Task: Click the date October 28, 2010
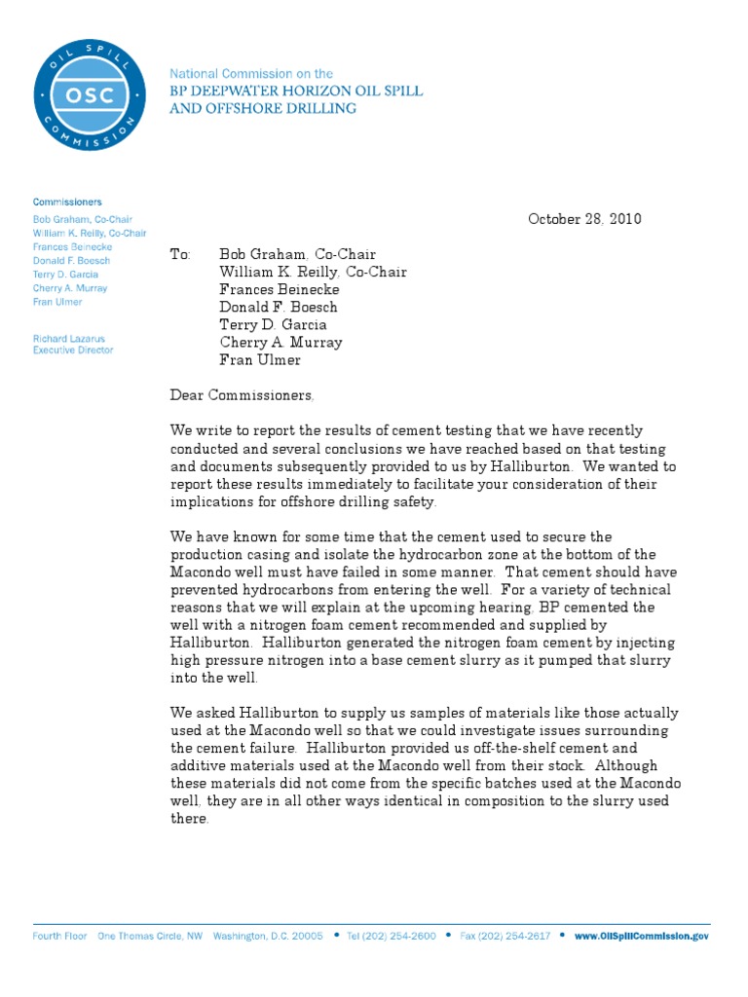[x=584, y=219]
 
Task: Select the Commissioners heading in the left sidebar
[x=67, y=202]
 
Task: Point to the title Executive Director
[x=73, y=350]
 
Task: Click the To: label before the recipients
[x=181, y=255]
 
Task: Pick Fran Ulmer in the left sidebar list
[x=57, y=303]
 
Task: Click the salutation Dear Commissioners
[x=243, y=395]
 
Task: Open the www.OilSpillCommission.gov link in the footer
[x=641, y=936]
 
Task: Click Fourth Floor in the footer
[x=60, y=936]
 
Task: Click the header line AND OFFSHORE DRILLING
[x=263, y=108]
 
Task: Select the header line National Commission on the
[x=251, y=73]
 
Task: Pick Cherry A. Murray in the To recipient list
[x=280, y=343]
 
